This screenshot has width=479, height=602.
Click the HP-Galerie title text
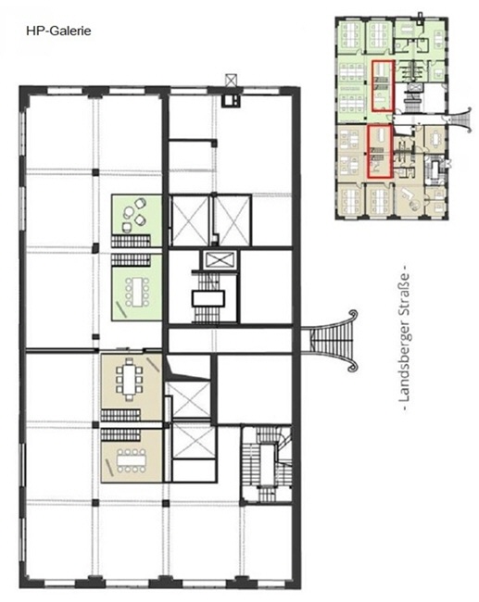[58, 31]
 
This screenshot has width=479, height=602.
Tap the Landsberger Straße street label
[404, 337]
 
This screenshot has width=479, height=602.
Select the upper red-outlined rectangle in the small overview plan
[383, 85]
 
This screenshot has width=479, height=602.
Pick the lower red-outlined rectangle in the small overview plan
[380, 152]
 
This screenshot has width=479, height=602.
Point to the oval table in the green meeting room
[137, 292]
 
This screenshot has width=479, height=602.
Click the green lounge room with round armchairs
[136, 220]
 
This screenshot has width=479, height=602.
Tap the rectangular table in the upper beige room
[129, 379]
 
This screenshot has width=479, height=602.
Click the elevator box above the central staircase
[218, 260]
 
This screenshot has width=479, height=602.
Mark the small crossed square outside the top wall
[231, 80]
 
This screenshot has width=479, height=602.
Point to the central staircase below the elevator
[208, 297]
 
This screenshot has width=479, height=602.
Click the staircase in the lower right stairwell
[266, 464]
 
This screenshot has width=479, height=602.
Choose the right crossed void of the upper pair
[232, 220]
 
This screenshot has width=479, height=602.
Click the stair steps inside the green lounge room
[131, 241]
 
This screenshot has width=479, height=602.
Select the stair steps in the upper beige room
[120, 415]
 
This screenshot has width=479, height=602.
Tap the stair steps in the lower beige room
[120, 435]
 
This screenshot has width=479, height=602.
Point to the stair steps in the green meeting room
[131, 259]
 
